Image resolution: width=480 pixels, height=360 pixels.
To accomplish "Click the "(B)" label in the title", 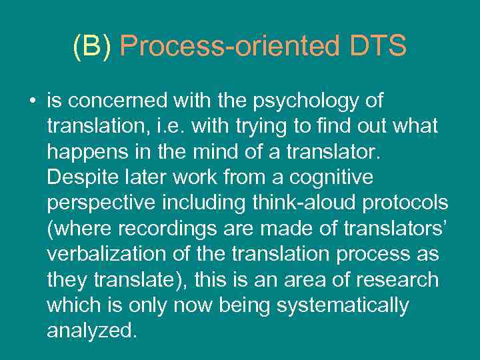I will pyautogui.click(x=94, y=47).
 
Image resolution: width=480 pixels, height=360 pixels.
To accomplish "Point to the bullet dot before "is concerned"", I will pyautogui.click(x=31, y=101).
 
